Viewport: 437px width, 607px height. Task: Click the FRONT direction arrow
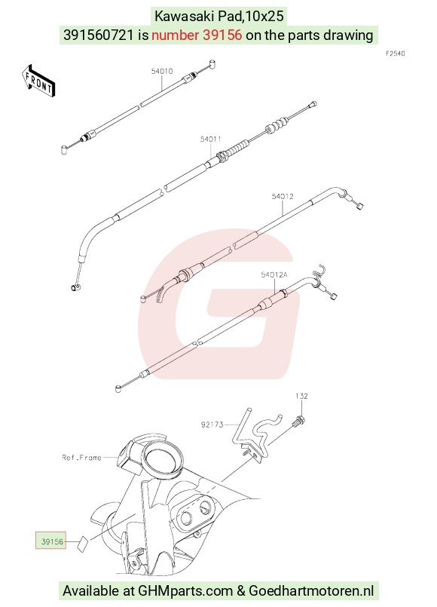[38, 81]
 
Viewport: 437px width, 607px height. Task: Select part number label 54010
[162, 71]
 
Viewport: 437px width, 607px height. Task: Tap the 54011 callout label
[210, 139]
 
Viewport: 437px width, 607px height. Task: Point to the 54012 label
[283, 196]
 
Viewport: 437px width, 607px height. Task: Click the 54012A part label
[274, 275]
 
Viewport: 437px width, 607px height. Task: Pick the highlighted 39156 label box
[51, 541]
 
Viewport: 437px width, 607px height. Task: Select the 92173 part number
[212, 425]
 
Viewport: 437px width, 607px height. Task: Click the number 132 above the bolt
[301, 396]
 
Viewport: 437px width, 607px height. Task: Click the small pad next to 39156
[81, 542]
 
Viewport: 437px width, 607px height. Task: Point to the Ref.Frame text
[81, 458]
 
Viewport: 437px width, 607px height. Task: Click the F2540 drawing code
[396, 54]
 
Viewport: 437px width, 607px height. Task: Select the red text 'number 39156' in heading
[197, 35]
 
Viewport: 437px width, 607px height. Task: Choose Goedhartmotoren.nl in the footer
[311, 591]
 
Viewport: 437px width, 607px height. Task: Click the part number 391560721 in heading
[99, 35]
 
